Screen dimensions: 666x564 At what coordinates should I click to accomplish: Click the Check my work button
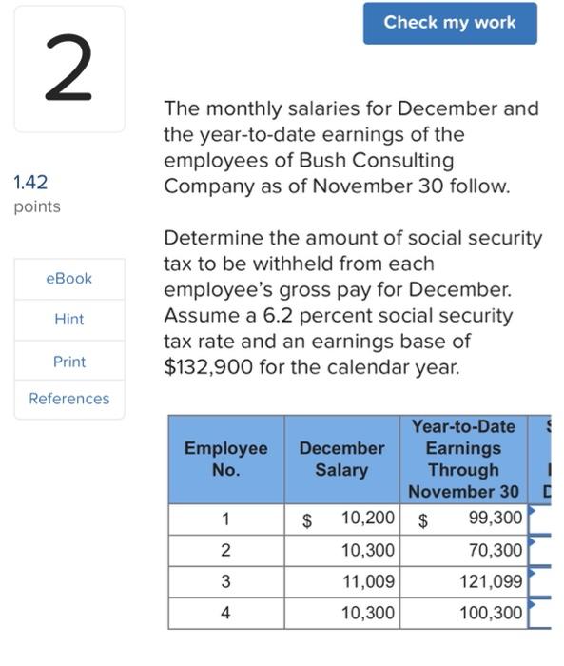click(x=450, y=23)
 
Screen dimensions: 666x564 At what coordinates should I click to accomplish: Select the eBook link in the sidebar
click(x=69, y=279)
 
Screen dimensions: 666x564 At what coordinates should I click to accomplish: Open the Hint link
click(x=69, y=320)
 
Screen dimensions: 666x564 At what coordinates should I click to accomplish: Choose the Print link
click(x=69, y=362)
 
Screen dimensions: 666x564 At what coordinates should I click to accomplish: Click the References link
click(x=69, y=399)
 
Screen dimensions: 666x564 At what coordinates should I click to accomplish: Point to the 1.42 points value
click(x=30, y=182)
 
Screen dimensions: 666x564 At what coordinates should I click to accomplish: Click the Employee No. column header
click(x=225, y=459)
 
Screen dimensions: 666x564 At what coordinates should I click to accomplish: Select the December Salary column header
click(x=341, y=459)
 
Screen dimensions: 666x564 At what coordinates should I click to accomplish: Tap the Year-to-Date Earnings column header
click(x=463, y=459)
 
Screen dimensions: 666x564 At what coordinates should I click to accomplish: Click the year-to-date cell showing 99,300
click(x=496, y=519)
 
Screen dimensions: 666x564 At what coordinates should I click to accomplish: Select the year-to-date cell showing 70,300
click(x=496, y=550)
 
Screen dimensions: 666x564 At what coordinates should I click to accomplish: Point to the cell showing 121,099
click(x=491, y=581)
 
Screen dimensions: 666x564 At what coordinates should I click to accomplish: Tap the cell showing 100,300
click(x=491, y=613)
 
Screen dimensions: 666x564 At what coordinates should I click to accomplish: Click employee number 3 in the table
click(x=225, y=581)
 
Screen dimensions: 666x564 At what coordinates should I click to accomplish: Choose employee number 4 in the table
click(x=225, y=613)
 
